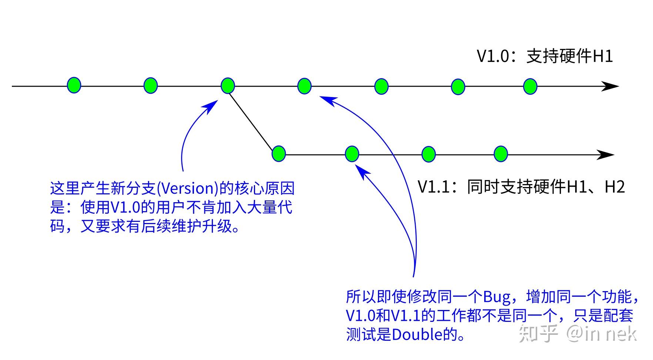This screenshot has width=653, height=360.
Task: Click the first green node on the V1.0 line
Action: click(x=74, y=85)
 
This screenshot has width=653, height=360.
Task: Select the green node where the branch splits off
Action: click(x=228, y=86)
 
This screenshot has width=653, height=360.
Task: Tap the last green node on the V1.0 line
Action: click(x=530, y=86)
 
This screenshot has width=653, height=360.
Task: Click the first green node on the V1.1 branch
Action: click(x=279, y=154)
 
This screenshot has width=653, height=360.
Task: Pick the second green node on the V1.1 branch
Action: click(x=352, y=154)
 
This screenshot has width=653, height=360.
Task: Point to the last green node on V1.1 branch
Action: click(x=501, y=154)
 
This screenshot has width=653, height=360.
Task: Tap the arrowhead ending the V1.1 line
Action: click(x=606, y=154)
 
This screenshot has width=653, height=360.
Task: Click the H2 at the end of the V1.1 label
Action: click(x=615, y=187)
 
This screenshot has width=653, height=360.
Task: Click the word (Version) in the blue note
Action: click(x=187, y=189)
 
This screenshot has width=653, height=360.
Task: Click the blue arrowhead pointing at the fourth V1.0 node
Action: click(x=328, y=100)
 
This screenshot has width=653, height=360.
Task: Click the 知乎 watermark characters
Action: click(x=538, y=333)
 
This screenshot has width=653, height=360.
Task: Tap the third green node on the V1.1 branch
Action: click(x=429, y=154)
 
